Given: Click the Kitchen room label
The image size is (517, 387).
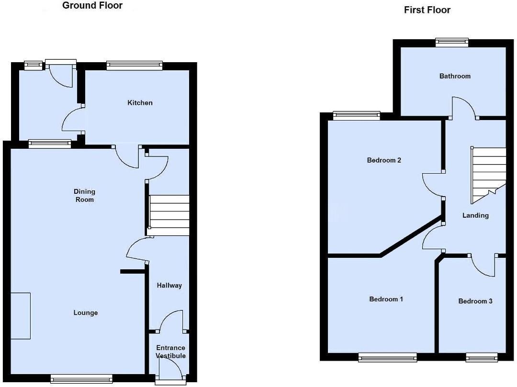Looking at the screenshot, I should (140, 103).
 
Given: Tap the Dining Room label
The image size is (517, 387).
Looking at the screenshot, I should (84, 196).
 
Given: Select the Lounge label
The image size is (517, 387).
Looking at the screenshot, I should (85, 313).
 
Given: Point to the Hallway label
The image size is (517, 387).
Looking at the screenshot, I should (169, 286).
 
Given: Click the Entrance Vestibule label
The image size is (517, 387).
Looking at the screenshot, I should (170, 352).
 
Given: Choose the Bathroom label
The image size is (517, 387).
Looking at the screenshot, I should (455, 76).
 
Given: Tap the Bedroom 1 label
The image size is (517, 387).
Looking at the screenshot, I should (386, 299).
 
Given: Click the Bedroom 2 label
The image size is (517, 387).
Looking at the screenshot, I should (384, 160).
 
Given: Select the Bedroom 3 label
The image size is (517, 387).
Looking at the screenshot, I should (475, 301).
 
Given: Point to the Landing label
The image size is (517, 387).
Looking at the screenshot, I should (475, 215).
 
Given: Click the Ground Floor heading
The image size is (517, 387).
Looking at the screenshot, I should (92, 6).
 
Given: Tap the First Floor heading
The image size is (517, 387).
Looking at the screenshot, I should (427, 10).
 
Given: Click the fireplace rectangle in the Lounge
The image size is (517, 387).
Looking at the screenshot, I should (20, 316).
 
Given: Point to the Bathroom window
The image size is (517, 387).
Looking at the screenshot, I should (452, 43).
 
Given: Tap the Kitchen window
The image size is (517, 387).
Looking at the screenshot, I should (135, 66).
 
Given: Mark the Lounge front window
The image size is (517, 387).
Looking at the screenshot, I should (81, 378).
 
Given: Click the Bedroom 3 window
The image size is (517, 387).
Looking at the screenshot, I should (482, 357).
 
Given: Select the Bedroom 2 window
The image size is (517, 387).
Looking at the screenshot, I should (357, 115).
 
